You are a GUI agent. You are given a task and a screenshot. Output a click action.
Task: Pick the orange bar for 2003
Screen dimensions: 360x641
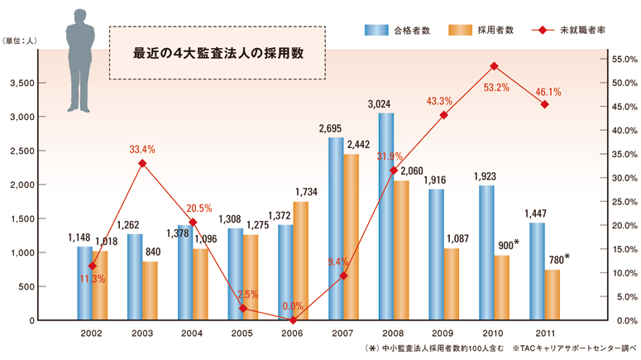pos(150,290)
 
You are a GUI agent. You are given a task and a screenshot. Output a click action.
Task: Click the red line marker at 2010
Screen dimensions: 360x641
pos(494,65)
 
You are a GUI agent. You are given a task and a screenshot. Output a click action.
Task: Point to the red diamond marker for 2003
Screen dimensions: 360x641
pos(142,163)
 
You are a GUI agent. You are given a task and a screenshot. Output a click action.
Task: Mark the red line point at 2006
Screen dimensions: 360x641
pos(294,319)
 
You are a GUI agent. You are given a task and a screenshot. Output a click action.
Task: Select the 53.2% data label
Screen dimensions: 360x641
pos(495,87)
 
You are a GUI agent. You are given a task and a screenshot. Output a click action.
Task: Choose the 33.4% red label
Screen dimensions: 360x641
pos(142,149)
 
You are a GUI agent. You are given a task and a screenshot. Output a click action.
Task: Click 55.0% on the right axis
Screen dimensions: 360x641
pos(620,60)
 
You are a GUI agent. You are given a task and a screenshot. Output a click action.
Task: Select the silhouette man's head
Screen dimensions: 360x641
pos(80,17)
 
